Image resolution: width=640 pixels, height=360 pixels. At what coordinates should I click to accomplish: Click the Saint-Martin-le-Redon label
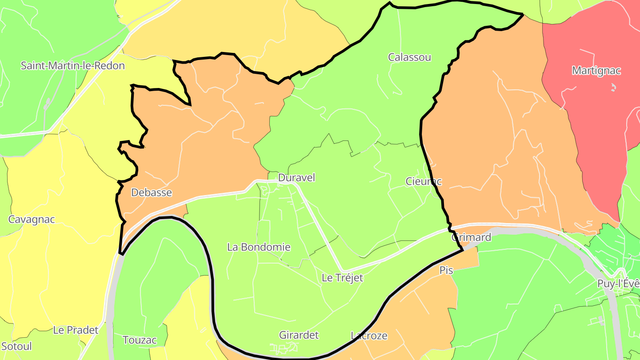73,66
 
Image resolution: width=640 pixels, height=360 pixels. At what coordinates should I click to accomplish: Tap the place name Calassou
409,57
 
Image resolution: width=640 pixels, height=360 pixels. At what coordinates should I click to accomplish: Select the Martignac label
596,71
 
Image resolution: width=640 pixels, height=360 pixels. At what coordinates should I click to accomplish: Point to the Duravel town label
296,178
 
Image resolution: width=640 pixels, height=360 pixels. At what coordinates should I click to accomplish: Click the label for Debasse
152,192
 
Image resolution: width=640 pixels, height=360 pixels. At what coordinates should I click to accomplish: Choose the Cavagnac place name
32,220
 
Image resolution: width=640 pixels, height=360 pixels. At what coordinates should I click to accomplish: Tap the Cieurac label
424,181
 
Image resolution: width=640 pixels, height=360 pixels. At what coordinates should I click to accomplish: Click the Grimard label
471,237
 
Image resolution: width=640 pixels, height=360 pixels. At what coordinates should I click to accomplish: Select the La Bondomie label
259,247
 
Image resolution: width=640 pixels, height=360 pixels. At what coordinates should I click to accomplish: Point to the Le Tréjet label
342,278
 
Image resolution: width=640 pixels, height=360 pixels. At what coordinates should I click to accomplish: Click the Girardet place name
299,335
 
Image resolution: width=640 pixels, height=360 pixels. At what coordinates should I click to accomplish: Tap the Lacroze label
369,336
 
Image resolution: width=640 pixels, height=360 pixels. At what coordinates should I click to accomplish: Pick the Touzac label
140,340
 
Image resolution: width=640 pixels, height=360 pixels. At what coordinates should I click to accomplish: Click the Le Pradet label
76,330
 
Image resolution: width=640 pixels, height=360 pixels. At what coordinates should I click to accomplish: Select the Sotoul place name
16,346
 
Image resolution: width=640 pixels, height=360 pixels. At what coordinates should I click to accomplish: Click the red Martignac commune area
591,133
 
